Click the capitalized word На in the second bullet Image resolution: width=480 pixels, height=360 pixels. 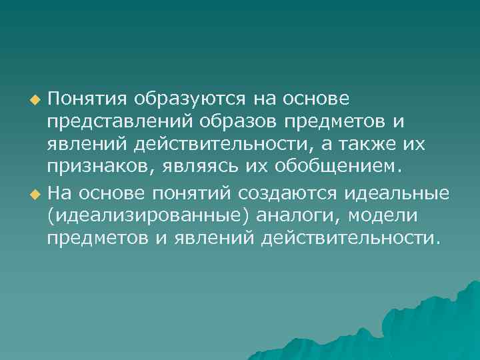pos(60,193)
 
